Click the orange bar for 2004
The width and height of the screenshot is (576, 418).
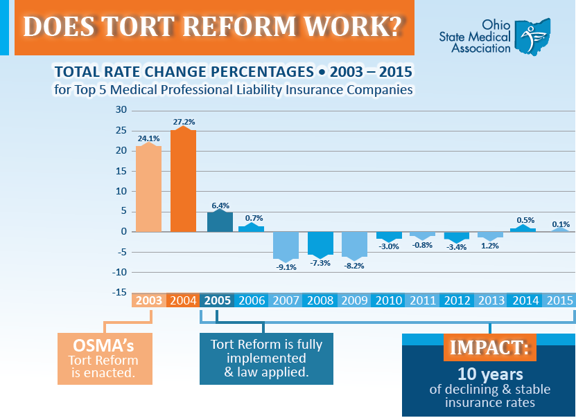tap(183, 180)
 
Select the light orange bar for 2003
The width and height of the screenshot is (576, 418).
tap(149, 188)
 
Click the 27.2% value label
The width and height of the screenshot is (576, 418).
tap(183, 121)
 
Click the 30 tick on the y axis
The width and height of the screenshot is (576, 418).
tap(121, 110)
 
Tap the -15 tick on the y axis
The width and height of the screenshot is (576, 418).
tap(120, 293)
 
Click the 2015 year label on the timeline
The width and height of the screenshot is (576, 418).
tap(559, 300)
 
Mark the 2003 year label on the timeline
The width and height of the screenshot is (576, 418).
tap(149, 300)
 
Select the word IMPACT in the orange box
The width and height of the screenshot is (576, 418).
tap(489, 348)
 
